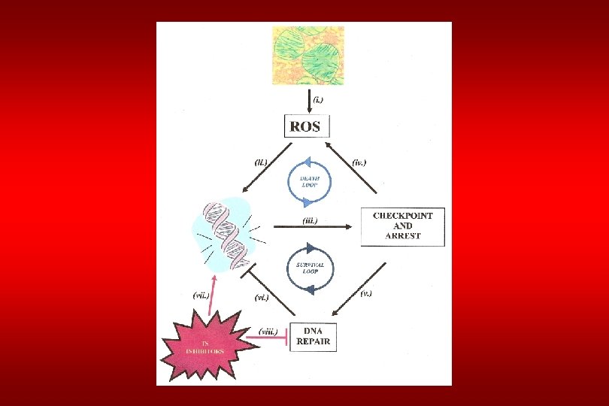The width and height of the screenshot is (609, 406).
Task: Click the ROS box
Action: [307, 126]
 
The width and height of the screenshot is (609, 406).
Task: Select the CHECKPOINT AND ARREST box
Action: [402, 226]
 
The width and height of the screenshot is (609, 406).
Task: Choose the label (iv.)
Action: [359, 161]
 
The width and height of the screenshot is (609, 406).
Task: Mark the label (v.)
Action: [365, 293]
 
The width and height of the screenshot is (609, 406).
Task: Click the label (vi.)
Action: [262, 298]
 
